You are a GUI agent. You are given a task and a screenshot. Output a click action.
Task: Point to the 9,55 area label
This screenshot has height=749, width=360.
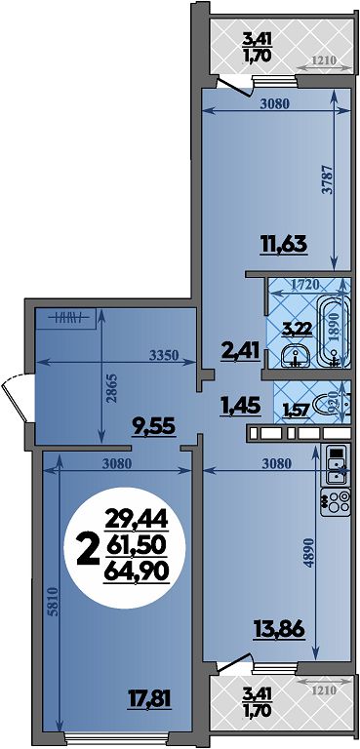click(x=152, y=424)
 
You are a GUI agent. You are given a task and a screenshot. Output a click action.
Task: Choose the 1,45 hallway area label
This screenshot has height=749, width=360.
click(x=240, y=407)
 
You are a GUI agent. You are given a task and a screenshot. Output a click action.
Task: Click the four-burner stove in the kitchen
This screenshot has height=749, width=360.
click(x=336, y=503)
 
